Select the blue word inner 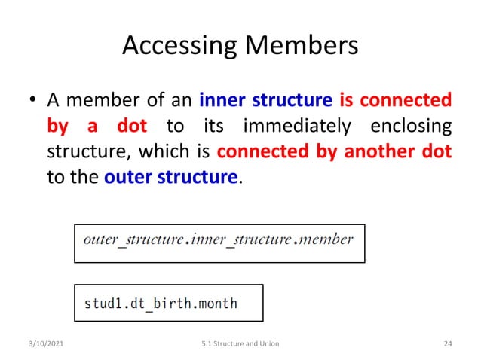222,99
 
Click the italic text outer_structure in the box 133,240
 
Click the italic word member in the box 325,240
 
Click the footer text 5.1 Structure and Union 240,343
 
